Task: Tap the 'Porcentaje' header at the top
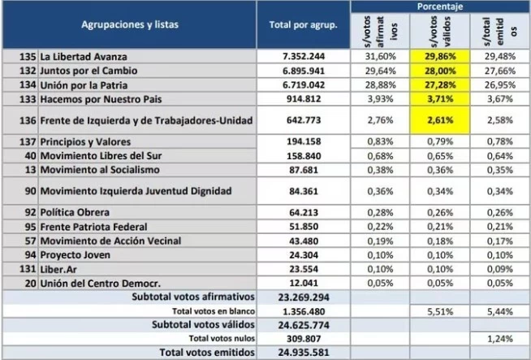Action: click(441, 6)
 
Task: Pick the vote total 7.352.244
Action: click(304, 56)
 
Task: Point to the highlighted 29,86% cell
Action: click(441, 56)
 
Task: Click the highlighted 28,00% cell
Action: click(441, 70)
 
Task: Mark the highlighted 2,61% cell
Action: click(441, 120)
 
